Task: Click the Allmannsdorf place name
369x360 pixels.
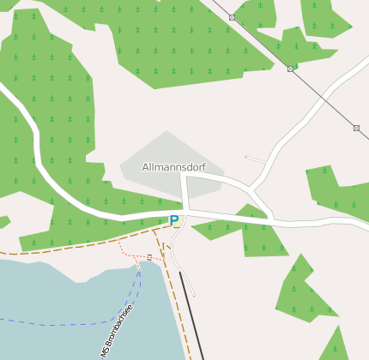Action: coord(174,167)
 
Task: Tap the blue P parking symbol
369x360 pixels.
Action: coord(174,221)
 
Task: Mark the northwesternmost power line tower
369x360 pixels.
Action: coord(232,17)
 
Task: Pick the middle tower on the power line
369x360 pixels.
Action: coord(290,69)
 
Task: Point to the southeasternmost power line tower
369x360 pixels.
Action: coord(356,128)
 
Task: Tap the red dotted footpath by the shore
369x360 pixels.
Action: coord(129,255)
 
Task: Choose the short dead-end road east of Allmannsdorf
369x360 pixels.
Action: coord(256,159)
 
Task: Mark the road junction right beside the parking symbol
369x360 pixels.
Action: coord(184,211)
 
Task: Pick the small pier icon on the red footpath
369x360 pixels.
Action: coord(149,256)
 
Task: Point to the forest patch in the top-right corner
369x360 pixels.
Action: coord(324,17)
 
